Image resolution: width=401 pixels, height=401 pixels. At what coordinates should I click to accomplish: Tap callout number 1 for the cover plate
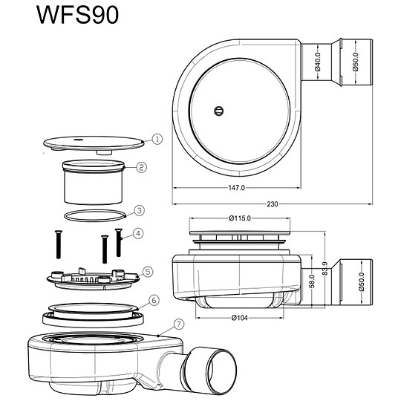[x=157, y=139]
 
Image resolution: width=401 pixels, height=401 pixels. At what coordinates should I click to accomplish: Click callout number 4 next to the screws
[x=137, y=234]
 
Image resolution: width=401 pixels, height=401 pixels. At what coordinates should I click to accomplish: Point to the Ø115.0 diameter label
[x=238, y=218]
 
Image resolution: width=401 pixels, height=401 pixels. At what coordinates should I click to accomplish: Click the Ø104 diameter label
[x=238, y=318]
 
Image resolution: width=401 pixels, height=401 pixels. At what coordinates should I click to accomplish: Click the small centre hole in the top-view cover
[x=218, y=111]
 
